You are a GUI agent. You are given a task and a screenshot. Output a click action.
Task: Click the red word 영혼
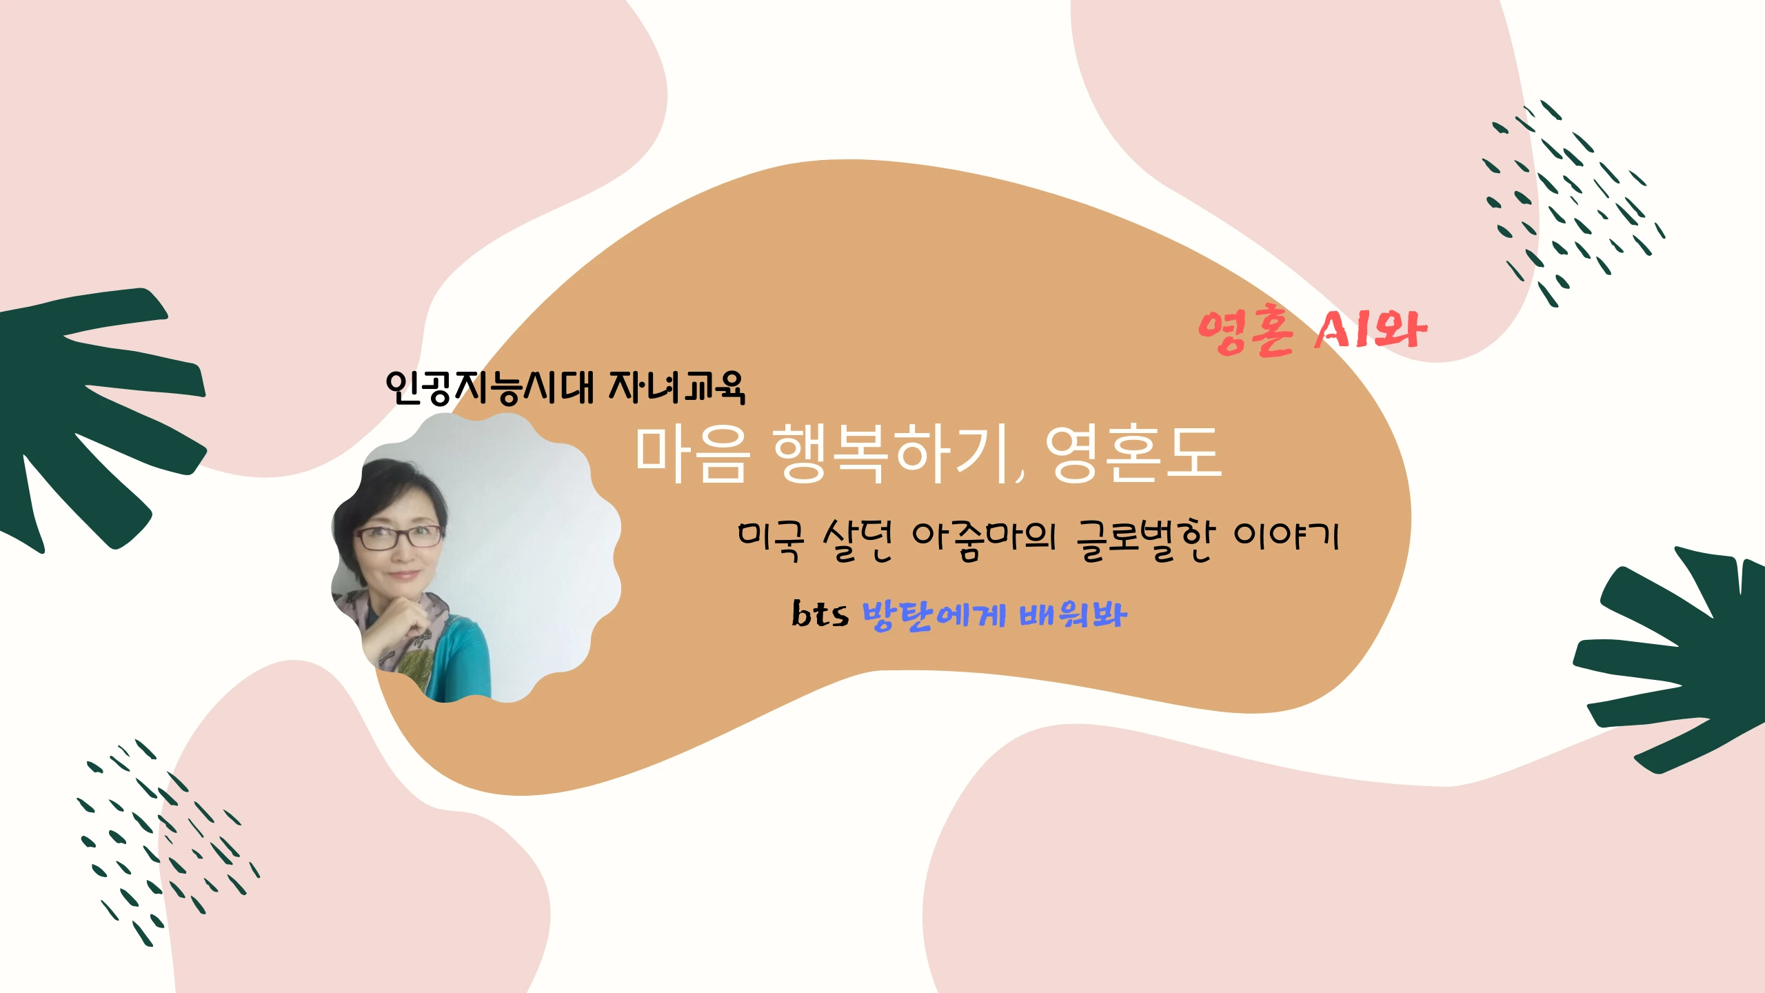click(1246, 332)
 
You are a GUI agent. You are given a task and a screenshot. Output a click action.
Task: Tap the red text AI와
click(1369, 330)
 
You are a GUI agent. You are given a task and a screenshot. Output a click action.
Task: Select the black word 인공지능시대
click(490, 387)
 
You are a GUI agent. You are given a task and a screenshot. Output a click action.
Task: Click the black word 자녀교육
click(677, 387)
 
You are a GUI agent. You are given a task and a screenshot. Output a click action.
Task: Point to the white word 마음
click(692, 454)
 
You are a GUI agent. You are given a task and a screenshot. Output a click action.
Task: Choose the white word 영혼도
click(1134, 454)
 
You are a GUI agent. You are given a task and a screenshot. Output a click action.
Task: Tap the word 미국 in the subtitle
click(771, 540)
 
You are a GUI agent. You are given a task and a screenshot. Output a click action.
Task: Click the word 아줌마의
click(984, 540)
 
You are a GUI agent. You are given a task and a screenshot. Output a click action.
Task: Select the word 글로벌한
click(1144, 540)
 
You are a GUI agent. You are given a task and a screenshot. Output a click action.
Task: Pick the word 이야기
click(1287, 537)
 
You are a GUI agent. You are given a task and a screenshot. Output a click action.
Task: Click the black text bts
click(820, 613)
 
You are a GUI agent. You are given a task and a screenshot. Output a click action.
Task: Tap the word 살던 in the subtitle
click(858, 540)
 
